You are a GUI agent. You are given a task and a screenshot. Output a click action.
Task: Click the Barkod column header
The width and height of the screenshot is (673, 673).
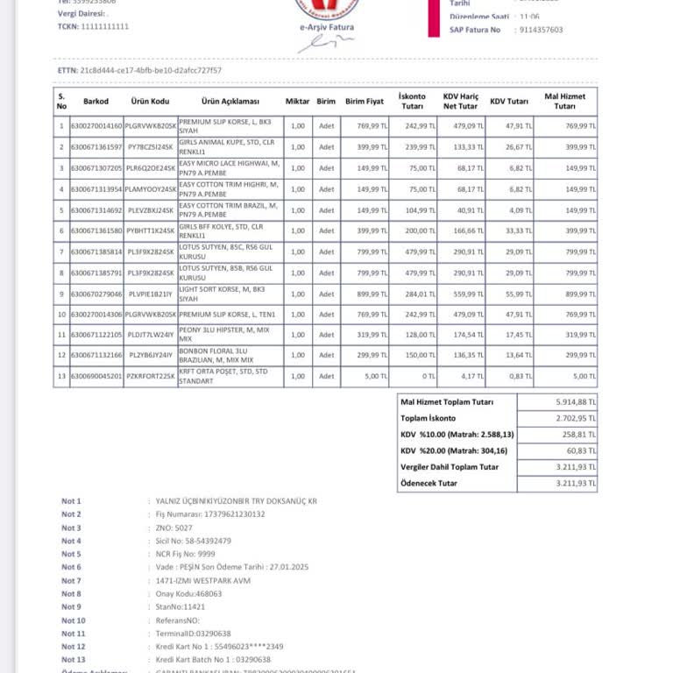(x=96, y=101)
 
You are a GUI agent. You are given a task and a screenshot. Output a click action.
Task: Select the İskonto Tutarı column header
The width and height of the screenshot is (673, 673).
(x=412, y=101)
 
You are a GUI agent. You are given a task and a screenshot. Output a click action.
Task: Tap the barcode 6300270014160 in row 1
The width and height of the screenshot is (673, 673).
(x=96, y=126)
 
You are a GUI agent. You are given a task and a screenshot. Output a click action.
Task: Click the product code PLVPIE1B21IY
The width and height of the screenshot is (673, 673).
(x=150, y=294)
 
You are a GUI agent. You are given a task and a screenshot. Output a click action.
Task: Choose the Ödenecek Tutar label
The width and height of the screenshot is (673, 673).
(x=429, y=483)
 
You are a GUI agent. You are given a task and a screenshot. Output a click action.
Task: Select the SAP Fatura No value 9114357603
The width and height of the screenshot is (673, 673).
(x=541, y=30)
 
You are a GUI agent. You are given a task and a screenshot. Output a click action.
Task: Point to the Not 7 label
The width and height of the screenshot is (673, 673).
(x=71, y=580)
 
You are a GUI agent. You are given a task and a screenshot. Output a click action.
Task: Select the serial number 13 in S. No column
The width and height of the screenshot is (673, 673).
(x=61, y=376)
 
